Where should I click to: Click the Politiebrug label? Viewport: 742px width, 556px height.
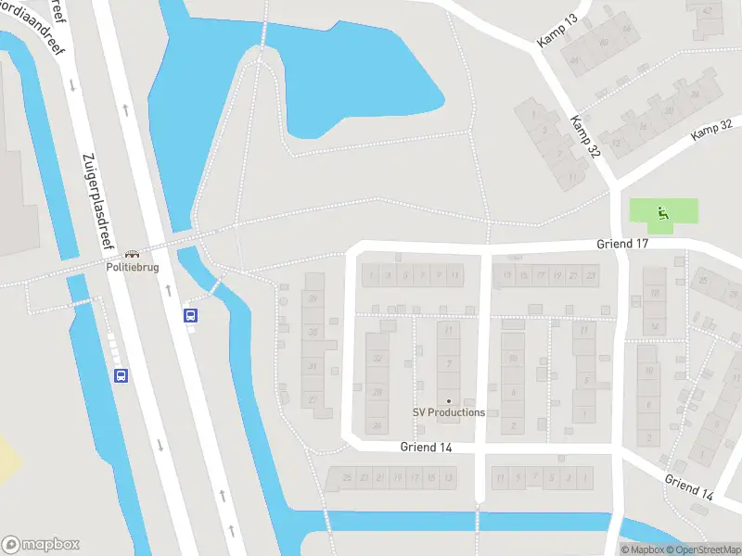pos(132,267)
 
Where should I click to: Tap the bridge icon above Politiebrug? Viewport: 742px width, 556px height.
pos(132,253)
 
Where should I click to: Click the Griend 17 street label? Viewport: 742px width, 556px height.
pos(621,244)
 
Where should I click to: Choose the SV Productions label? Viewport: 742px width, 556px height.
pos(449,412)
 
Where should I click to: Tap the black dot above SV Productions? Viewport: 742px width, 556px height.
pos(449,400)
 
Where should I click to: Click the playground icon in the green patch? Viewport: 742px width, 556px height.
pos(661,211)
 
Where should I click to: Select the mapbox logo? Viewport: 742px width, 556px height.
pos(40,545)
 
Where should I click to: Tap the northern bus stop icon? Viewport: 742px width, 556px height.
pos(191,315)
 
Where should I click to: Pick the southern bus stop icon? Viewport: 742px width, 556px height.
pos(121,375)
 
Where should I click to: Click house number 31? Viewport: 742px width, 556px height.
pos(313,367)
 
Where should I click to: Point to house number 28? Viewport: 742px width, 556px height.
pos(377,393)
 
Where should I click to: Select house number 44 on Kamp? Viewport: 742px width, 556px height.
pos(575,61)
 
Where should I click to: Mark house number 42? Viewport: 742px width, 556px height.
pos(710,10)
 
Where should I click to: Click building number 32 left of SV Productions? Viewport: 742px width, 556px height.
pos(377,359)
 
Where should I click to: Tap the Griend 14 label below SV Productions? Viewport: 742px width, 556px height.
pos(427,448)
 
